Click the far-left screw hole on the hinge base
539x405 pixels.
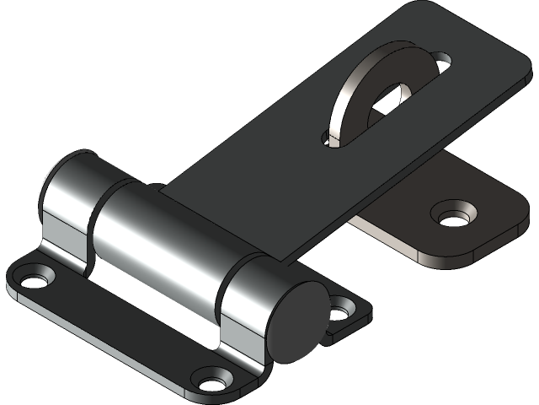pyautogui.click(x=35, y=276)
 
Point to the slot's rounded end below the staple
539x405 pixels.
pyautogui.click(x=330, y=138)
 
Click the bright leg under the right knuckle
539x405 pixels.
pyautogui.click(x=244, y=350)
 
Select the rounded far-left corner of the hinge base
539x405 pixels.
pyautogui.click(x=12, y=282)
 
